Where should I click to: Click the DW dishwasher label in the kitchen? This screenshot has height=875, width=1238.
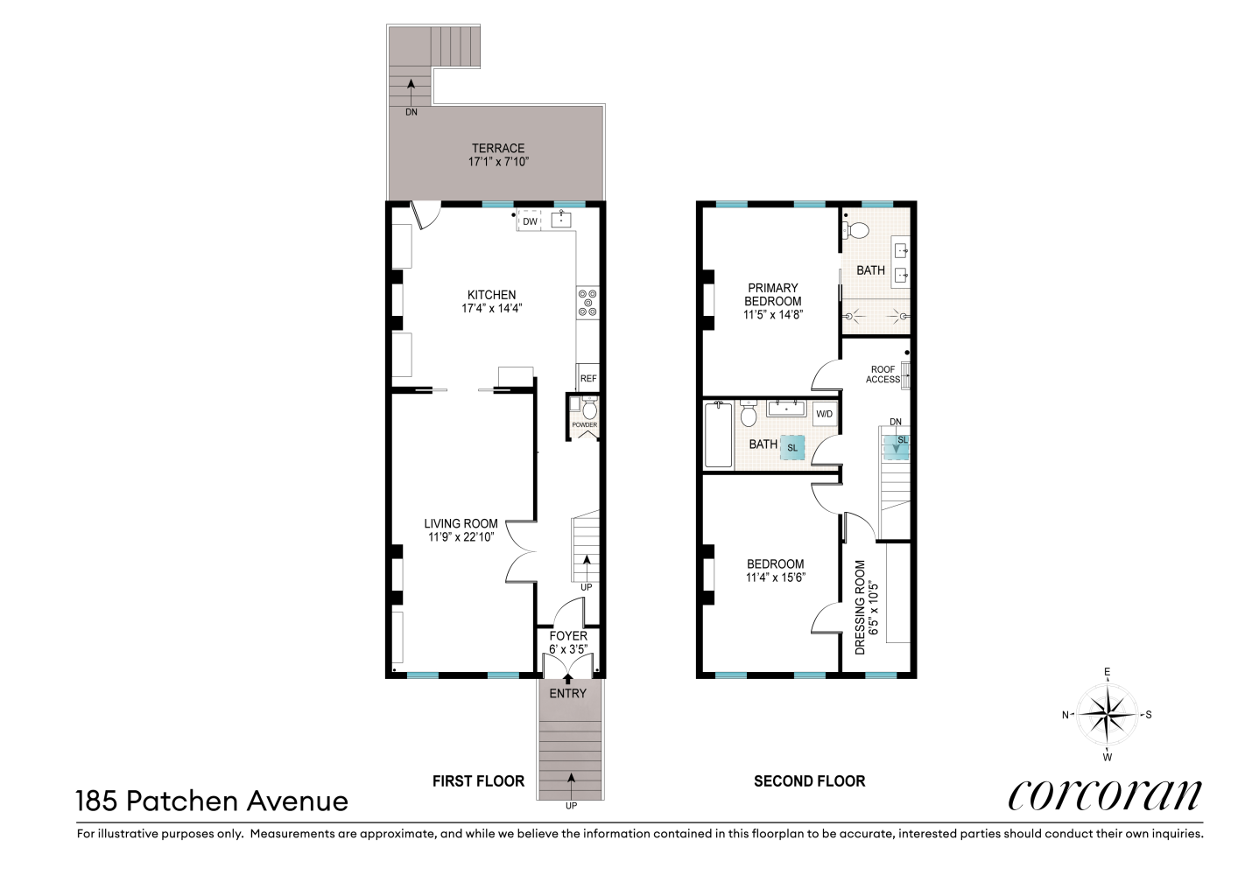[530, 221]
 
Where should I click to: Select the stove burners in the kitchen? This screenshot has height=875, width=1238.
[587, 303]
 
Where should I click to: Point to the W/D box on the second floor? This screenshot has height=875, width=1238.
[824, 414]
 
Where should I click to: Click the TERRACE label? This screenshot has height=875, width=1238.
[498, 148]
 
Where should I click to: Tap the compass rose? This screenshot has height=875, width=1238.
[1107, 714]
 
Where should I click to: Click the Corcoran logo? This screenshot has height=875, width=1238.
[1105, 794]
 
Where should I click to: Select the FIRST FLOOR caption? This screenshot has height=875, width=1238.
[478, 781]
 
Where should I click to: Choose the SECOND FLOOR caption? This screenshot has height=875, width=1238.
[810, 781]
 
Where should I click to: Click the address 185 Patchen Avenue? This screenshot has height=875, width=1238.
[212, 801]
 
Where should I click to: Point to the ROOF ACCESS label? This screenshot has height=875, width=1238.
[883, 374]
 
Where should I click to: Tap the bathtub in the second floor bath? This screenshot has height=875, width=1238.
[719, 435]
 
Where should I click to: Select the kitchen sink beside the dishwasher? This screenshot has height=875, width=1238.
[561, 219]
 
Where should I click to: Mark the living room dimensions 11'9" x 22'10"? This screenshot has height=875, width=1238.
[461, 537]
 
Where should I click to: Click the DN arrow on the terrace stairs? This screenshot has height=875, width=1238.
[411, 92]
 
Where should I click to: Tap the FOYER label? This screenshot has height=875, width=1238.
[568, 636]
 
